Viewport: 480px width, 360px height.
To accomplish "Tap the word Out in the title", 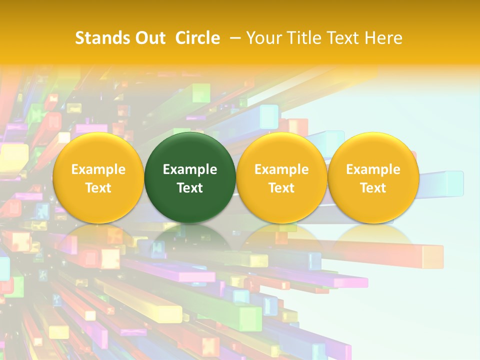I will click(149, 38).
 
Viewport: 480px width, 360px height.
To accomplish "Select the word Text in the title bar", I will click(344, 38).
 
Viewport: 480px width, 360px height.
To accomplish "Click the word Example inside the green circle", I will click(190, 169).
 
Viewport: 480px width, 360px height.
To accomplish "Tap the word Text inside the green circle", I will click(190, 188).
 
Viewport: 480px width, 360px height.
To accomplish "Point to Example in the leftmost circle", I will click(98, 169).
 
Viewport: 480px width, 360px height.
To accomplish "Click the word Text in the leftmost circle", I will click(98, 188).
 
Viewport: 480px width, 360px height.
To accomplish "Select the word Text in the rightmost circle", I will click(373, 188).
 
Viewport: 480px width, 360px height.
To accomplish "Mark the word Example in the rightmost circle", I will click(373, 169).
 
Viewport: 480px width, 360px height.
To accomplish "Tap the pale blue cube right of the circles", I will click(453, 183).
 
